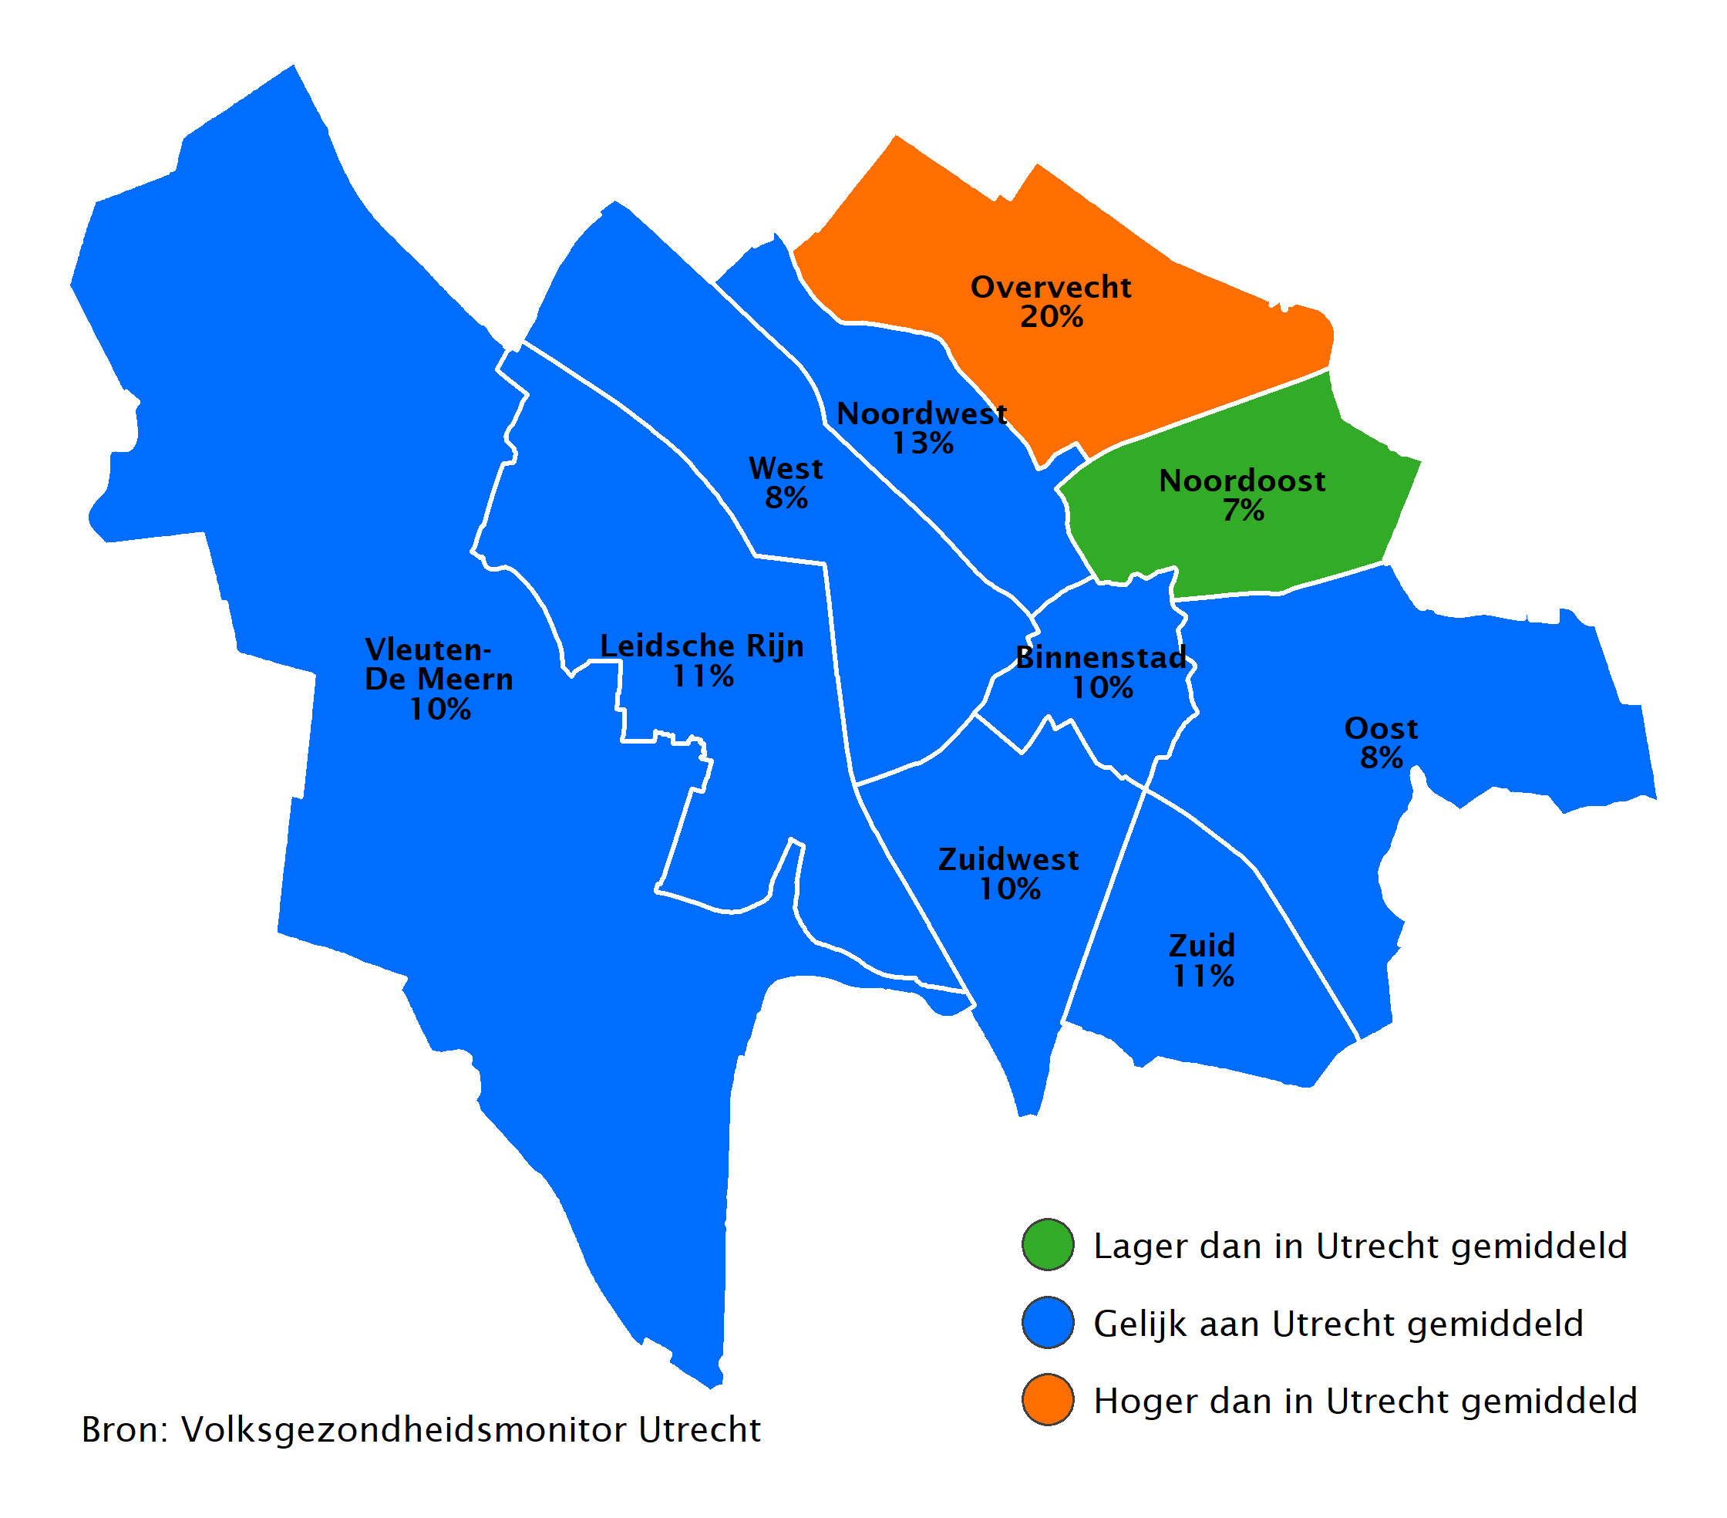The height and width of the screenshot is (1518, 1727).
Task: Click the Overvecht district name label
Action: pos(1050,288)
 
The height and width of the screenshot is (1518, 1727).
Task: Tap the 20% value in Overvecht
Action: pos(1051,317)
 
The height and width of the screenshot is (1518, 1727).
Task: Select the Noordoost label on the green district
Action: pos(1241,481)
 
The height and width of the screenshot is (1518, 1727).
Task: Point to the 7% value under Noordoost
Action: pos(1243,511)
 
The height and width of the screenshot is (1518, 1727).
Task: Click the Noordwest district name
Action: pos(921,414)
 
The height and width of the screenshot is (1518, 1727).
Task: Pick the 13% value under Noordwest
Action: pos(923,444)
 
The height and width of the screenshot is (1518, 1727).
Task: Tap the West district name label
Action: pos(785,469)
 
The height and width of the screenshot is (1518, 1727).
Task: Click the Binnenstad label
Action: pos(1100,658)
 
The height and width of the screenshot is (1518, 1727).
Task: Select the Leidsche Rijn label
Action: pos(702,646)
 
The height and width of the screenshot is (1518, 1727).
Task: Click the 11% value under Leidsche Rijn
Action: pos(702,676)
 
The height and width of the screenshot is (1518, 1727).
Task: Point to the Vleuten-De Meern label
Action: pos(438,664)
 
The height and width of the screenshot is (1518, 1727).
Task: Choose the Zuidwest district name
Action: pos(1008,859)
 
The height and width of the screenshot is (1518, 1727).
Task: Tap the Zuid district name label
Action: pos(1201,946)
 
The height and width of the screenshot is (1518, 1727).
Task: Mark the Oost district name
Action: pos(1381,729)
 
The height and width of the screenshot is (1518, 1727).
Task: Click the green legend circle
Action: pos(1048,1245)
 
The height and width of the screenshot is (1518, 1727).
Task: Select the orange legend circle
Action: pos(1048,1401)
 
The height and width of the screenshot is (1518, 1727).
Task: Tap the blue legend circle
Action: pos(1048,1323)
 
